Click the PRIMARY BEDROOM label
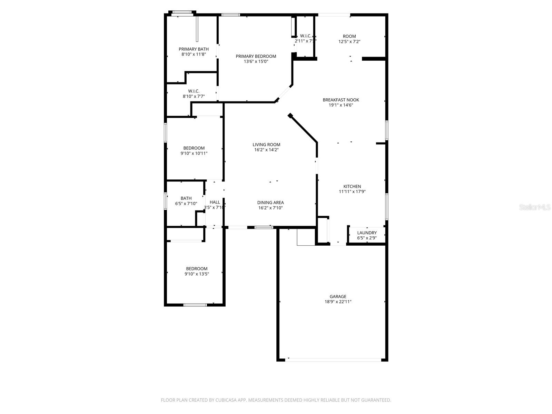(x=256, y=56)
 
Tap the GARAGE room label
(x=338, y=296)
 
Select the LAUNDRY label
(x=367, y=233)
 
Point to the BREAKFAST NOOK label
(x=341, y=100)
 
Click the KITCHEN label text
(x=352, y=186)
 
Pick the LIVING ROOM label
(x=266, y=145)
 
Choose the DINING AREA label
(x=270, y=203)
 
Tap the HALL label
(x=215, y=202)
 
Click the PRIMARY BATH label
(x=194, y=49)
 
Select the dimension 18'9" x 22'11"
(x=338, y=302)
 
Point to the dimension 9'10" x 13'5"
(x=197, y=274)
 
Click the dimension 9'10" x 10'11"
(x=194, y=153)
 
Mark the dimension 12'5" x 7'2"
(x=349, y=41)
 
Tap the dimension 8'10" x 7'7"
(x=194, y=96)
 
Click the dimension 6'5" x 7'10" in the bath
(x=186, y=204)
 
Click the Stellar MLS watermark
(x=535, y=207)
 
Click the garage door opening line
(x=333, y=360)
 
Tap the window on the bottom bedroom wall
(x=195, y=305)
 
